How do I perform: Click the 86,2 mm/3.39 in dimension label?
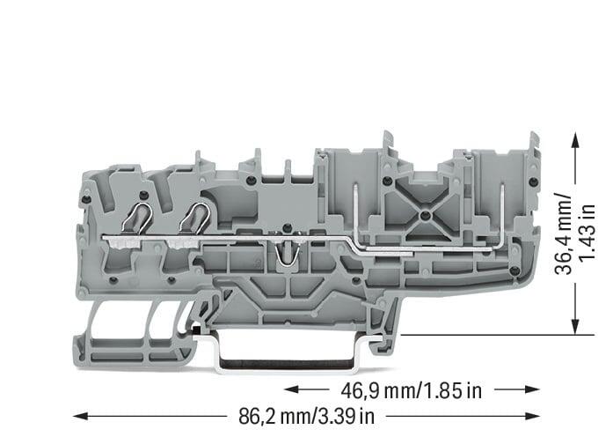pos(306,416)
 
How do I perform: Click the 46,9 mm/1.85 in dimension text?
pos(412,390)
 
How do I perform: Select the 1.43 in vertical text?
pos(587,233)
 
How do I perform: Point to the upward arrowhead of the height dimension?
pos(575,140)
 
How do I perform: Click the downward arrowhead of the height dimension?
pos(575,327)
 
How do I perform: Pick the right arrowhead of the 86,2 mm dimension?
pos(532,416)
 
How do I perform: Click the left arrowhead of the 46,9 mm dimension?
pos(292,389)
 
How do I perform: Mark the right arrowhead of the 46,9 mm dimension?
pos(532,389)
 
